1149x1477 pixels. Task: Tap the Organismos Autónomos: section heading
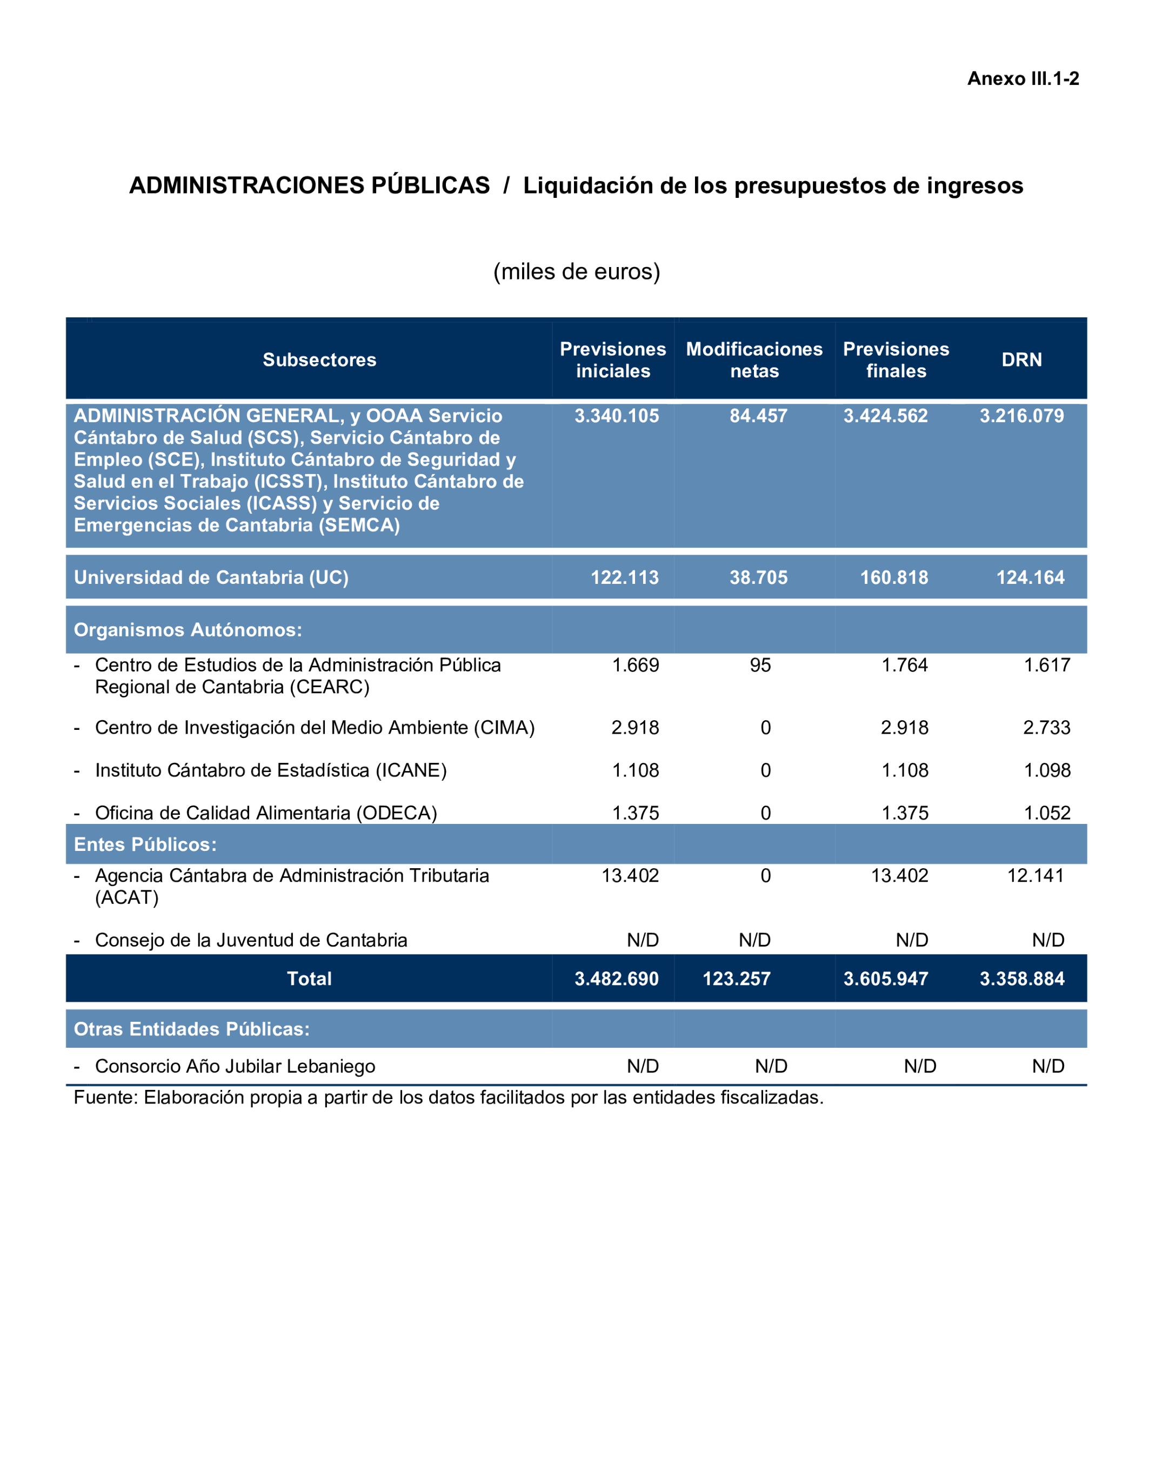[188, 630]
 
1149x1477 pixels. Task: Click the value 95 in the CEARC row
[760, 666]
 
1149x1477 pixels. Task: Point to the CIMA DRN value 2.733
[1046, 728]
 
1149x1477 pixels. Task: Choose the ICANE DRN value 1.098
[1046, 770]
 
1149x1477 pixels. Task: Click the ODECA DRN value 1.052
[1046, 813]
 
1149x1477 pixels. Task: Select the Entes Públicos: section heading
[145, 844]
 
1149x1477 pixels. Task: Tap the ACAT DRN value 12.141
[1035, 876]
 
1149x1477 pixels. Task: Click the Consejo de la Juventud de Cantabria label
[251, 940]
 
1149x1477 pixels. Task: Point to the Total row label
[309, 979]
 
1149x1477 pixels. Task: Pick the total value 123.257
[736, 979]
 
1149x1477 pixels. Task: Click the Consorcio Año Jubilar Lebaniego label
[235, 1067]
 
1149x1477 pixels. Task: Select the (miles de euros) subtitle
[576, 272]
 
